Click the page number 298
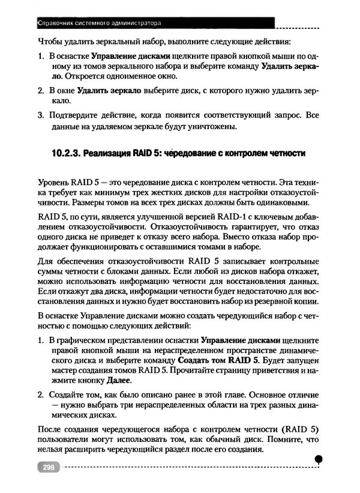click(x=47, y=467)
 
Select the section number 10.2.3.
click(x=64, y=153)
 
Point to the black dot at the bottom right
click(x=319, y=459)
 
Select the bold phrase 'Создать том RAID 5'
click(x=219, y=360)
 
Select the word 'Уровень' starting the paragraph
click(x=53, y=181)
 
